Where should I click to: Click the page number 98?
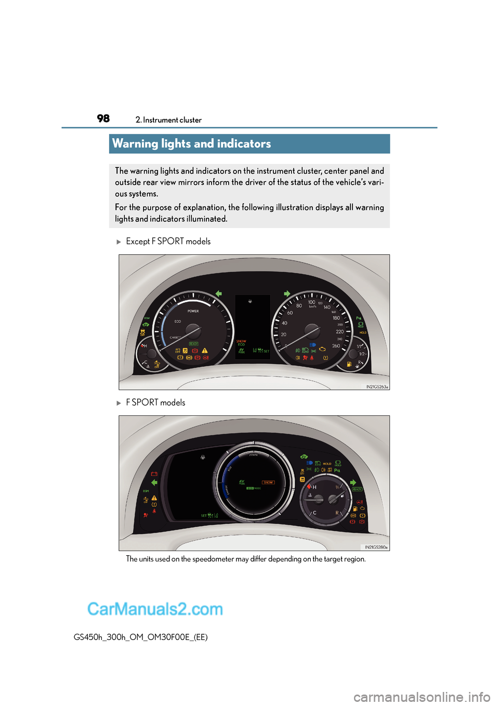point(103,119)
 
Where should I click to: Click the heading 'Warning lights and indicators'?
point(191,143)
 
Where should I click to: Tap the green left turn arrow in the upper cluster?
point(219,294)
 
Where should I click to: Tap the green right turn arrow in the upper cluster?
point(287,294)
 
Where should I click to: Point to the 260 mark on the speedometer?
point(336,346)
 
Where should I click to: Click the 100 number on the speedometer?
point(311,302)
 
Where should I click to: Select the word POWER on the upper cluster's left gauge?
point(193,311)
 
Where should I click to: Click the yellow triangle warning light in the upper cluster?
point(205,350)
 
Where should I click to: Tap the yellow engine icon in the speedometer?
point(322,349)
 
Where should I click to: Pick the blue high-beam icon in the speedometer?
point(312,345)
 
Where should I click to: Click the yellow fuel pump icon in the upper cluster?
point(349,364)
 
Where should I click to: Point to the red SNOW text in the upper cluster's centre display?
point(241,341)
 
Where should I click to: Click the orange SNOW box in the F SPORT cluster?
point(268,482)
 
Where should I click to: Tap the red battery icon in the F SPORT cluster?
point(154,474)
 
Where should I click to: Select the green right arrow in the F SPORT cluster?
point(353,482)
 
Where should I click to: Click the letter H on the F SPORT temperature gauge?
point(314,488)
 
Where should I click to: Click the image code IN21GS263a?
point(377,387)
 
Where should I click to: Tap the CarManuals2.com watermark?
point(155,609)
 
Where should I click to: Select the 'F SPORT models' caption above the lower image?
point(155,402)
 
